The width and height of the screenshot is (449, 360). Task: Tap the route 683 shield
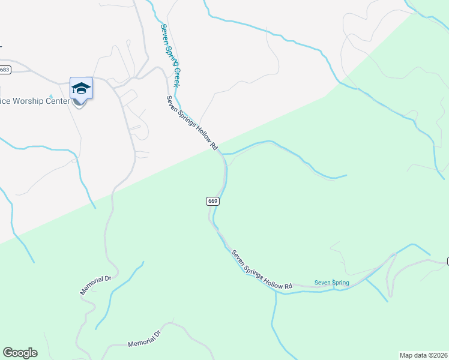(5, 70)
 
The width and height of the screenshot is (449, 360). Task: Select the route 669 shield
(213, 201)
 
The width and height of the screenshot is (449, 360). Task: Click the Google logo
(20, 353)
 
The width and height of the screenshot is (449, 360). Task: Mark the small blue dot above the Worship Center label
(52, 96)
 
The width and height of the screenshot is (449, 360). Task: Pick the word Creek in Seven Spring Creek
(179, 75)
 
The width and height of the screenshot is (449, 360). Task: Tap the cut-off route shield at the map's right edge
(447, 261)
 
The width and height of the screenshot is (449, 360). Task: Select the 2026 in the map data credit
(439, 355)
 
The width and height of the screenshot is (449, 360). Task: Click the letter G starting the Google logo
(7, 352)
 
